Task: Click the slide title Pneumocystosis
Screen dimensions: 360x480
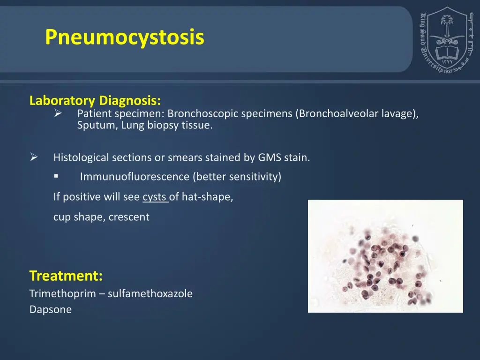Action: click(125, 37)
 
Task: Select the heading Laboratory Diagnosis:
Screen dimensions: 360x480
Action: click(95, 101)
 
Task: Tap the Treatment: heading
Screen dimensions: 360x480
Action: click(66, 276)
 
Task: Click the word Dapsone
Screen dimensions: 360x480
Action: click(51, 310)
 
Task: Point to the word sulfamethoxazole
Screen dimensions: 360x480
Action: click(150, 294)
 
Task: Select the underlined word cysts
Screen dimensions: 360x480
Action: click(155, 197)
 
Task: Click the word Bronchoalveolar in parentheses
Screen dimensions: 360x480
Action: click(338, 113)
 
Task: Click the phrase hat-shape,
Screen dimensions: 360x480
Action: click(207, 197)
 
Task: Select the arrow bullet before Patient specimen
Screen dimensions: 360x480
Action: click(58, 113)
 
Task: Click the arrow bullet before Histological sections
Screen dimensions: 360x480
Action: click(34, 157)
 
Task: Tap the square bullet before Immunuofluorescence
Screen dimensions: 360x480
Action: click(56, 176)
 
